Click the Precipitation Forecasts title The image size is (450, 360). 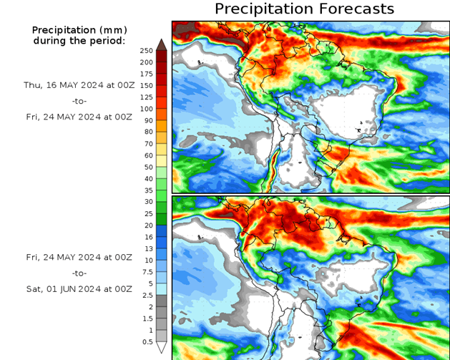[304, 9]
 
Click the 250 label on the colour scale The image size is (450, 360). [146, 50]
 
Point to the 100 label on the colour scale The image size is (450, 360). [146, 109]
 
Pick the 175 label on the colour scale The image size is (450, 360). [146, 74]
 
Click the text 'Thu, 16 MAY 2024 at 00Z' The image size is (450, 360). [78, 84]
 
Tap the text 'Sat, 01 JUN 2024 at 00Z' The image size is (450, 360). [79, 288]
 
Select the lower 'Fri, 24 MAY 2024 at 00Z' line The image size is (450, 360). [79, 256]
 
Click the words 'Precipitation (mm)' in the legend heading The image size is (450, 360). [79, 30]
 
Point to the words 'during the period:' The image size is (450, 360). [79, 40]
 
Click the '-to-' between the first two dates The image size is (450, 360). [79, 101]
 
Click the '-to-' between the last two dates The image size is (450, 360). [79, 273]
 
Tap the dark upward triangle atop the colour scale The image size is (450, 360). [162, 44]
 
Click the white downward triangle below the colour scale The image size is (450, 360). [162, 348]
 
